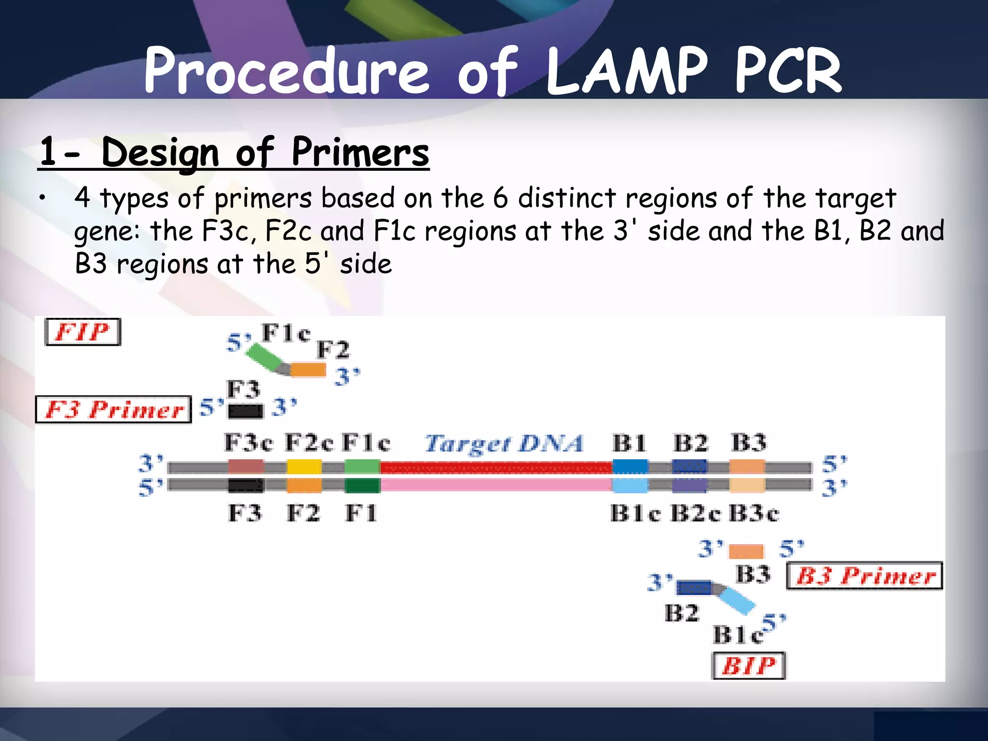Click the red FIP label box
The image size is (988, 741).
[x=82, y=332]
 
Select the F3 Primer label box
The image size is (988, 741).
[x=114, y=410]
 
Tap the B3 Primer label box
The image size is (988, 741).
[x=864, y=576]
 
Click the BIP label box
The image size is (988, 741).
[x=749, y=666]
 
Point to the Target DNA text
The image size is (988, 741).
[x=504, y=443]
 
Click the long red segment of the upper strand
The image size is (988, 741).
[x=496, y=467]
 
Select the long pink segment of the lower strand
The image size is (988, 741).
[x=496, y=484]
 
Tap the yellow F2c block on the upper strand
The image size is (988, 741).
[x=304, y=467]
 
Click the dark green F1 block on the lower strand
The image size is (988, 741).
[x=362, y=485]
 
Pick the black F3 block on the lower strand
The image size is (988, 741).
[x=246, y=485]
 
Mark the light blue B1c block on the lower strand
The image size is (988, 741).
[x=630, y=485]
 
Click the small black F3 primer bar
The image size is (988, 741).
[x=246, y=411]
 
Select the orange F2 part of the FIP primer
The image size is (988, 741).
[x=308, y=370]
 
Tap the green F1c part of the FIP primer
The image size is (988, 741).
[x=264, y=357]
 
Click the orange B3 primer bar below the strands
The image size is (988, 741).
[x=746, y=551]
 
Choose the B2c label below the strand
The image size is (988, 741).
[x=696, y=513]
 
